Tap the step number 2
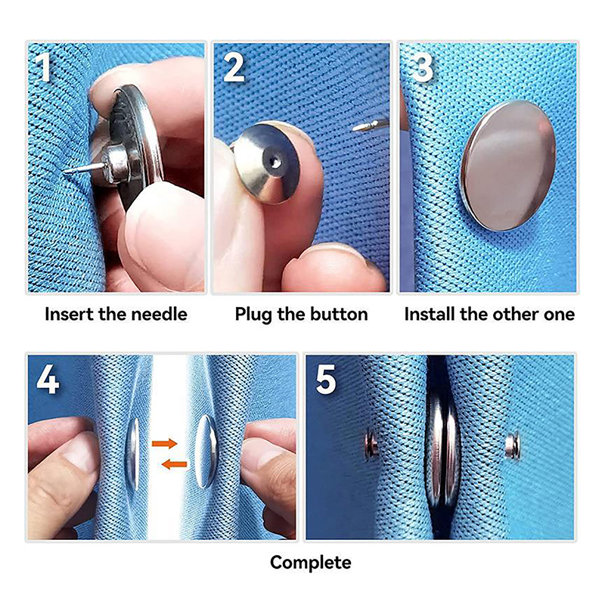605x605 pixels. [x=234, y=67]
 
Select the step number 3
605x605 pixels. [x=423, y=67]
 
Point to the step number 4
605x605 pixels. [x=48, y=380]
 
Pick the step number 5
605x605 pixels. [x=325, y=380]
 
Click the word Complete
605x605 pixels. [x=311, y=563]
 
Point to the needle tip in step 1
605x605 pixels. [x=65, y=171]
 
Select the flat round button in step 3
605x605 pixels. [x=508, y=166]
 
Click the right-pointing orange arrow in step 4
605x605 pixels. [x=164, y=443]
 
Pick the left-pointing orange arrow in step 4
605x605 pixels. [x=174, y=464]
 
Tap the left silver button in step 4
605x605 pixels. [x=133, y=455]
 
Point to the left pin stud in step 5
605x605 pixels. [x=372, y=444]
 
